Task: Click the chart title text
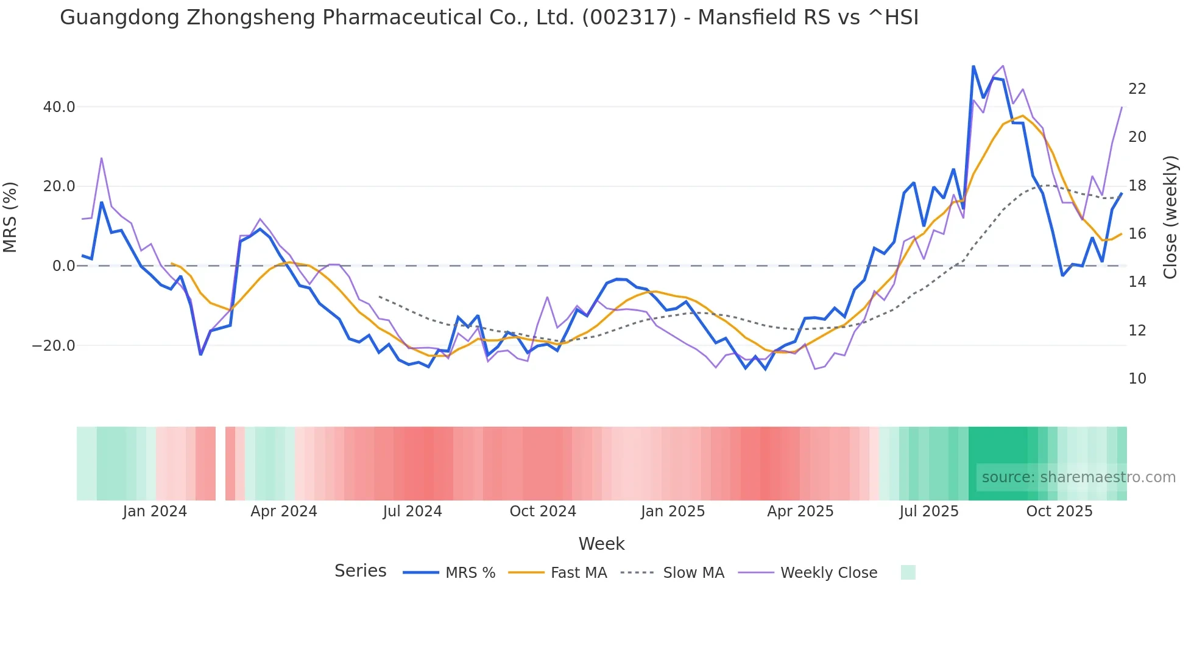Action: tap(489, 18)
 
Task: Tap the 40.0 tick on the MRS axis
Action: tap(59, 107)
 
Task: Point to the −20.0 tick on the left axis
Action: tap(54, 346)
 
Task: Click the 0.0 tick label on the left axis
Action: tap(64, 266)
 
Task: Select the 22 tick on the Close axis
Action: tap(1137, 89)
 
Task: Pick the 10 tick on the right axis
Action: tap(1137, 379)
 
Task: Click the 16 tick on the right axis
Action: tap(1137, 234)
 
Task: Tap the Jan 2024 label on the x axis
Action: tap(155, 511)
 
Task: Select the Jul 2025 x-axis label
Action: tap(928, 511)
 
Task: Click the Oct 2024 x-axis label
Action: tap(543, 511)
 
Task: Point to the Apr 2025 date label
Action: tap(800, 511)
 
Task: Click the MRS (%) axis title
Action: tap(10, 217)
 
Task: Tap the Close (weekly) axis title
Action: tap(1170, 217)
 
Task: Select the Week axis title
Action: tap(601, 544)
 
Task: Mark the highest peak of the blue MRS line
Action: tap(973, 66)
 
